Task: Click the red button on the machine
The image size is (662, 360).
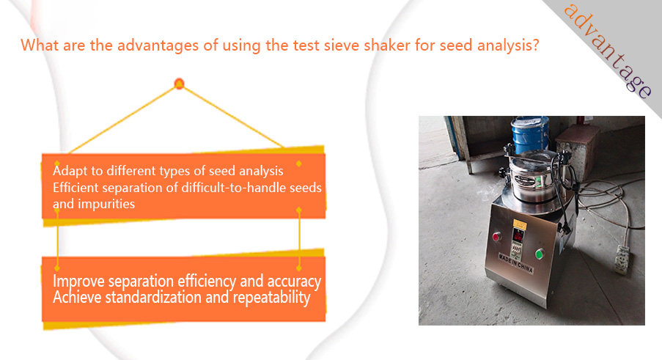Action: coord(496,237)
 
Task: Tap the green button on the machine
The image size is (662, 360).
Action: coord(539,254)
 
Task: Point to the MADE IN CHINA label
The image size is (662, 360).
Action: coord(516,262)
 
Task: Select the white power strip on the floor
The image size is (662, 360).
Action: coord(622,259)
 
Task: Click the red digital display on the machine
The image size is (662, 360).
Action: coord(518,235)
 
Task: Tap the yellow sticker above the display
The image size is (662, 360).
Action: coord(520,224)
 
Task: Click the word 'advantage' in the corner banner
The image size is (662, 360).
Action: coord(608,51)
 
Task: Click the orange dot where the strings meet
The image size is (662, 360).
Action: coord(179,84)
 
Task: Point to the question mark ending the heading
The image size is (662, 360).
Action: coord(536,45)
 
